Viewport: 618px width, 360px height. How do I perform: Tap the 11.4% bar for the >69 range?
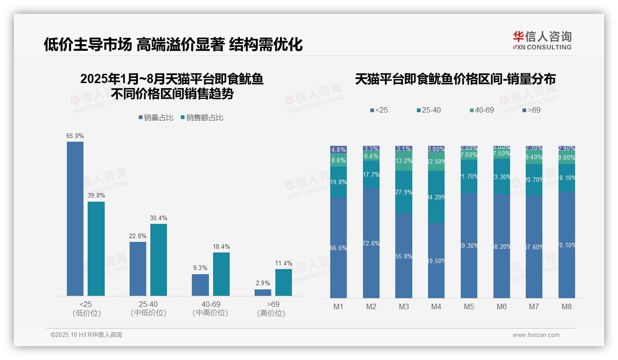283,282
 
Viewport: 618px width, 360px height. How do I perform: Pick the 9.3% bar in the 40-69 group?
200,285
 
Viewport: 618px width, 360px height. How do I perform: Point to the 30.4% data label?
158,218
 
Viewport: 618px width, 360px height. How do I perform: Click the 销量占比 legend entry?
156,118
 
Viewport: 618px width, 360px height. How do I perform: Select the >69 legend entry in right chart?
531,110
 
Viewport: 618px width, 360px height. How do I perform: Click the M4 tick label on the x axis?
436,307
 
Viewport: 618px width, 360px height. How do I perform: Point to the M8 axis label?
566,307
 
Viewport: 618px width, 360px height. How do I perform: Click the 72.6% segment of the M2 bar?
371,243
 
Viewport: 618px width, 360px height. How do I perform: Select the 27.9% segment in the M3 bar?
404,192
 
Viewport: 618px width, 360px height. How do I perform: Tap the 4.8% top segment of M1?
339,150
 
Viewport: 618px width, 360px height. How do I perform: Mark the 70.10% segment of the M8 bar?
567,245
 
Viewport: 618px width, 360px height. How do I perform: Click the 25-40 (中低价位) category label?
148,309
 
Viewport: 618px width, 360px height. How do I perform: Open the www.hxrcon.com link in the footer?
536,335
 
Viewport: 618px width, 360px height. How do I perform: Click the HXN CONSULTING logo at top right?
542,40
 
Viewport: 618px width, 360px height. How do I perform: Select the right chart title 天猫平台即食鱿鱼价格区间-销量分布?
455,79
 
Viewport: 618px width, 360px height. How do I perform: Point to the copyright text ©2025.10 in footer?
86,335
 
